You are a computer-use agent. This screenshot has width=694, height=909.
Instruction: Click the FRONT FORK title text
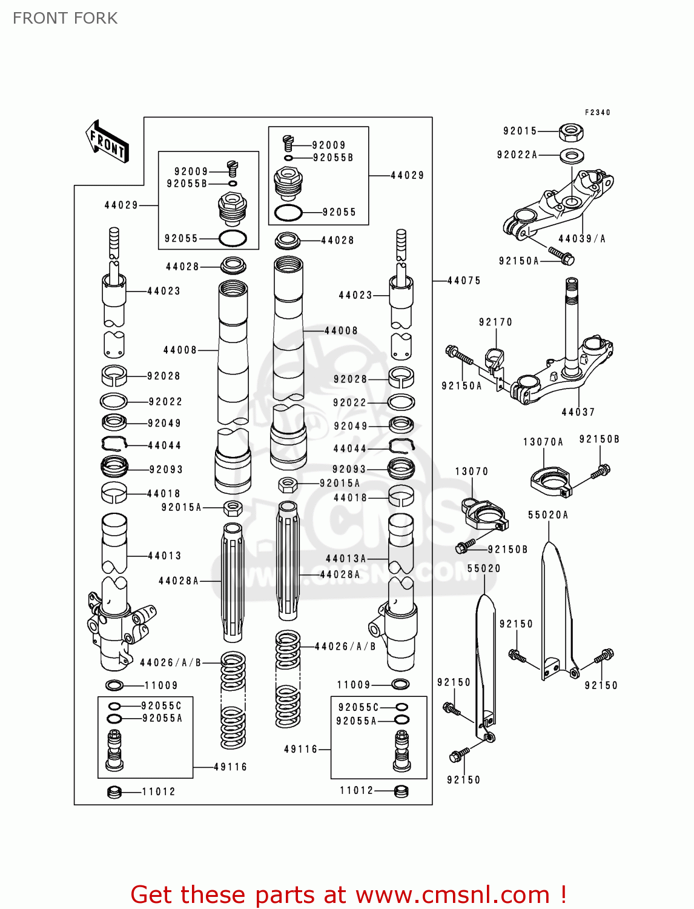[x=65, y=18]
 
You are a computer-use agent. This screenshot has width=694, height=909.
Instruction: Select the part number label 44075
[x=464, y=281]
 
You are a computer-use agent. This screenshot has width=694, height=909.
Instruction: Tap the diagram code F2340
[x=597, y=112]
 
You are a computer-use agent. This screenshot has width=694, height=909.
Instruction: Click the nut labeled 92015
[x=570, y=131]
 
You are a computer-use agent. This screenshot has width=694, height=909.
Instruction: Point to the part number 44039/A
[x=581, y=239]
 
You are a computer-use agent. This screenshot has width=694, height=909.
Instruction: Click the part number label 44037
[x=578, y=412]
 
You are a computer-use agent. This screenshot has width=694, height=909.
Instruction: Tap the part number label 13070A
[x=543, y=442]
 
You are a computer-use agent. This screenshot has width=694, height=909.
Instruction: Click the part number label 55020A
[x=547, y=515]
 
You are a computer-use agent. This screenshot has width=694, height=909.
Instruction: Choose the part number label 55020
[x=484, y=568]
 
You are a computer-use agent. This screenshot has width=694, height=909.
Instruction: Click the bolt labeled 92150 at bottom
[x=459, y=755]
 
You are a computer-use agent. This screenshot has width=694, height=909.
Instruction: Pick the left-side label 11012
[x=158, y=791]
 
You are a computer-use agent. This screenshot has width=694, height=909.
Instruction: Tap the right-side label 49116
[x=301, y=749]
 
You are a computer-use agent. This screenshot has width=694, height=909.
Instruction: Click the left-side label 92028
[x=164, y=376]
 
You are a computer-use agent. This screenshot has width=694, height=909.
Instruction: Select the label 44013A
[x=346, y=559]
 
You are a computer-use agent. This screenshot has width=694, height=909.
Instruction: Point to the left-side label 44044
[x=164, y=445]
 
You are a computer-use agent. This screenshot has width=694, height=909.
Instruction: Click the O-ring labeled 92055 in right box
[x=288, y=213]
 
